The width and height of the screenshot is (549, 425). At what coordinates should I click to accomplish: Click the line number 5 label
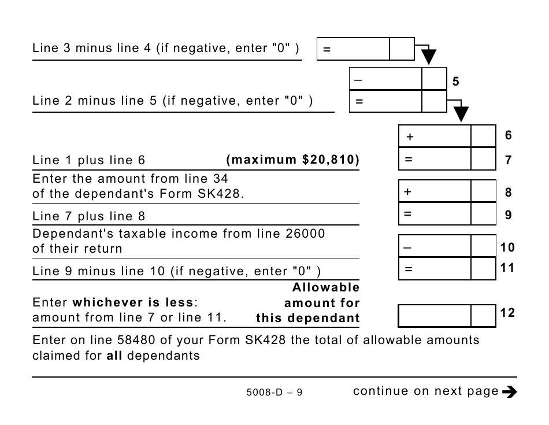tap(455, 82)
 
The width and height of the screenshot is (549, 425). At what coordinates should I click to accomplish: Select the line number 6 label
tap(508, 135)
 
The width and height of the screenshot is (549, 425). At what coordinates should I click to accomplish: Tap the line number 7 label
tap(508, 160)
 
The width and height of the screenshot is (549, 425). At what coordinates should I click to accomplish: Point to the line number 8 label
tap(508, 193)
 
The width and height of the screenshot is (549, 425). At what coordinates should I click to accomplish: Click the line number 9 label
tap(508, 215)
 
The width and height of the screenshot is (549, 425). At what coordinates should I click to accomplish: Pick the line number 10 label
tap(507, 247)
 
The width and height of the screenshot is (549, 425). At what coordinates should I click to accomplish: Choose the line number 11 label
tap(507, 268)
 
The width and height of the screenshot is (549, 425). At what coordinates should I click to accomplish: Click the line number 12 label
tap(507, 313)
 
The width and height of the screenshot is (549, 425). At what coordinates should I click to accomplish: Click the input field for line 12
tap(435, 316)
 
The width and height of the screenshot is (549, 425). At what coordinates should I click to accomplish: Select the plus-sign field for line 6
tap(435, 137)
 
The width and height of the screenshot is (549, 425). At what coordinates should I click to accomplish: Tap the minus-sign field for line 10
tap(435, 247)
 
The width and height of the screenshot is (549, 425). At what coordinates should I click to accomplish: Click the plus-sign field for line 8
tap(435, 192)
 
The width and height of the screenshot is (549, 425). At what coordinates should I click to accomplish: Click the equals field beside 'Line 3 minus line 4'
tap(353, 50)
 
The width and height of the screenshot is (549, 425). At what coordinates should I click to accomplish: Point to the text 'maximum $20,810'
tap(293, 160)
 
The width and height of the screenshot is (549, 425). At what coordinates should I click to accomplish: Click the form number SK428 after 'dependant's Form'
tap(222, 194)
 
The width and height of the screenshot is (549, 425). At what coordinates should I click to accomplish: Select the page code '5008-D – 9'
tap(274, 393)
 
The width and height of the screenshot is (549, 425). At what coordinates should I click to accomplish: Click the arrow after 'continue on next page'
tap(509, 392)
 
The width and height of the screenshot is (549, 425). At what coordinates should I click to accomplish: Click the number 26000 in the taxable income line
tap(305, 234)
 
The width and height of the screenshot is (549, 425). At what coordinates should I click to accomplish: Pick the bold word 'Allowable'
tap(326, 287)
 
